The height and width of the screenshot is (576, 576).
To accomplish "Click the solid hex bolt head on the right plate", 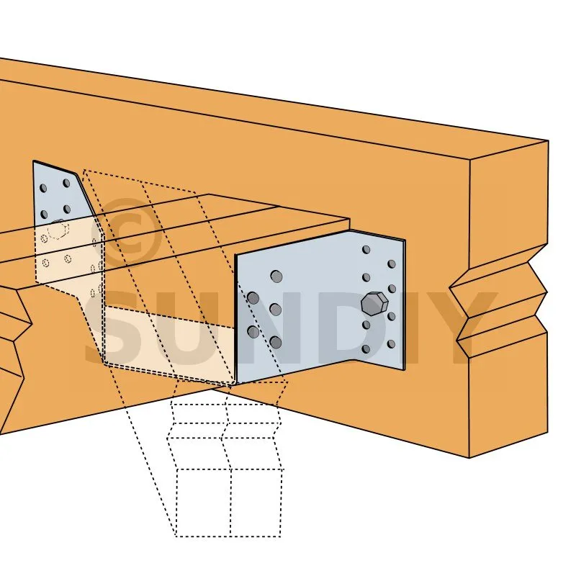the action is (374, 304).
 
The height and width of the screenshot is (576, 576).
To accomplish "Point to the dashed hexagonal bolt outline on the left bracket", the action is (58, 229).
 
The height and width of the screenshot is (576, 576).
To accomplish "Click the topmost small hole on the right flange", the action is (366, 250).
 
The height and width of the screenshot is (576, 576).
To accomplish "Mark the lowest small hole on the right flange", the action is (366, 349).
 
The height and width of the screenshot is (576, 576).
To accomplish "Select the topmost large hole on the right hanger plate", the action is (276, 276).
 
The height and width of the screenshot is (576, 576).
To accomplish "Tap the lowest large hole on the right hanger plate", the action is (276, 343).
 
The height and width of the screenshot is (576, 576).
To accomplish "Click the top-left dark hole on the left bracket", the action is (43, 188).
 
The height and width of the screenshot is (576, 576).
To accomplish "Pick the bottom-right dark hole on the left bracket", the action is (67, 210).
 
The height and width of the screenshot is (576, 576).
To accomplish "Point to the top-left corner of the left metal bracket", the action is (33, 161).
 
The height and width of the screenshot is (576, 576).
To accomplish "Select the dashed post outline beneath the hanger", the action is (227, 459).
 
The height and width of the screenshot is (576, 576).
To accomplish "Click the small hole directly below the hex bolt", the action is (366, 325).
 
